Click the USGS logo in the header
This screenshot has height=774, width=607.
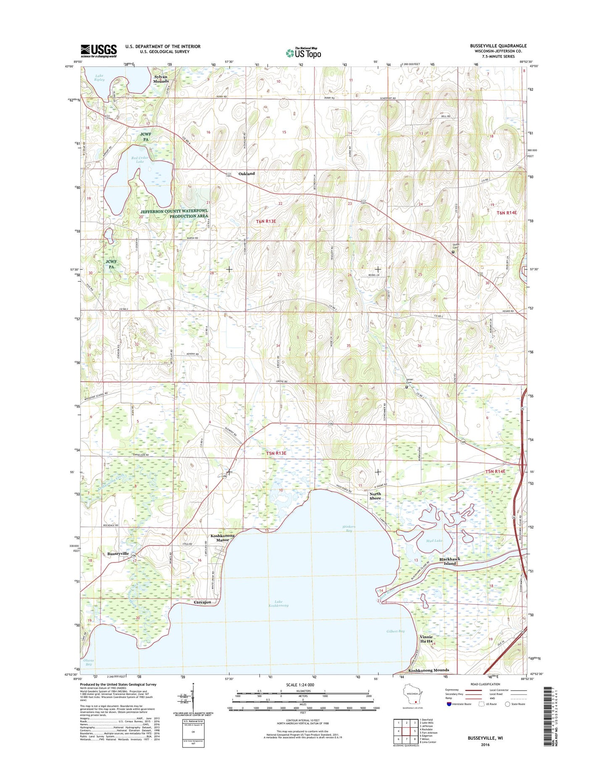98,51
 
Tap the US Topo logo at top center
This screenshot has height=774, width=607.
303,53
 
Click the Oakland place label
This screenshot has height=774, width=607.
247,174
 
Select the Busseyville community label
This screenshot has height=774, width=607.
118,554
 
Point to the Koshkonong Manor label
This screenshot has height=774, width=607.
223,538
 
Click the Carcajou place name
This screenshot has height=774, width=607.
202,602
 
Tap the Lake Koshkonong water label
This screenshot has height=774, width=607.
279,604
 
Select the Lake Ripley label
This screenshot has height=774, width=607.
99,78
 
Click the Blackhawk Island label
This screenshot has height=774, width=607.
450,561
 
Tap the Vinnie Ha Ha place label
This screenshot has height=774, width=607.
426,639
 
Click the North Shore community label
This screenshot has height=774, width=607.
375,496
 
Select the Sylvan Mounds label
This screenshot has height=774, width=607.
161,79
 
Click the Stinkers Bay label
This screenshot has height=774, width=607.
349,529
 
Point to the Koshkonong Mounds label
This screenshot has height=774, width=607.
428,670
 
